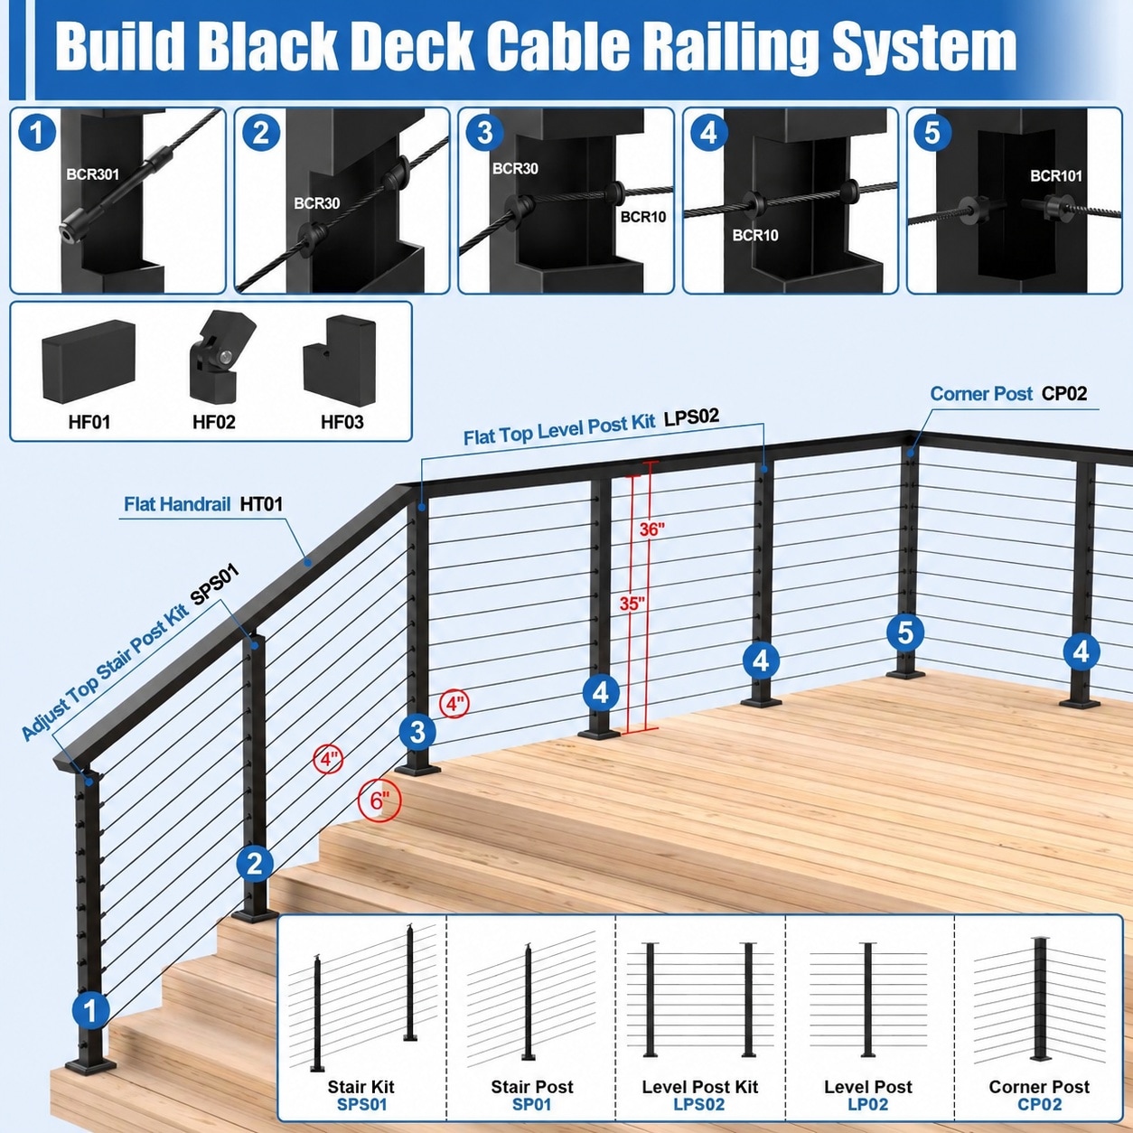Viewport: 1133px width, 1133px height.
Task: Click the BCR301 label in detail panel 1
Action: pyautogui.click(x=92, y=174)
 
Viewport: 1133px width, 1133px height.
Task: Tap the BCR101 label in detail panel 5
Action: pyautogui.click(x=1056, y=176)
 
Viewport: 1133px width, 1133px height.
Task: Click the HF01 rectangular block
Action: pyautogui.click(x=89, y=360)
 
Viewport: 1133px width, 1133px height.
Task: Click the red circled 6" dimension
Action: pyautogui.click(x=379, y=801)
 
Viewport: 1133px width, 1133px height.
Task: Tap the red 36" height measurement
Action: pyautogui.click(x=652, y=529)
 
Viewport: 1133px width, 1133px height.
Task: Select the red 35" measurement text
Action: pyautogui.click(x=632, y=604)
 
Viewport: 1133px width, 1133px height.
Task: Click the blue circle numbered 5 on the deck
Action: pyautogui.click(x=905, y=632)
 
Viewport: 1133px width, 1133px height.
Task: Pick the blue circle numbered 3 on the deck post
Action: pyautogui.click(x=417, y=733)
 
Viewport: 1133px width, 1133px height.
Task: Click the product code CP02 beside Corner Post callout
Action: pyautogui.click(x=1064, y=393)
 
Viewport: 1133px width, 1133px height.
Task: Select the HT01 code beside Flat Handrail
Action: pyautogui.click(x=261, y=504)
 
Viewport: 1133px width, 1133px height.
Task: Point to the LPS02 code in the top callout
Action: pyautogui.click(x=691, y=417)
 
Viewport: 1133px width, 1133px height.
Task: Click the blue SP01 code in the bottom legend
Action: pyautogui.click(x=531, y=1104)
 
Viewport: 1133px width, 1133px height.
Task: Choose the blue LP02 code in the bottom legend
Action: pyautogui.click(x=867, y=1104)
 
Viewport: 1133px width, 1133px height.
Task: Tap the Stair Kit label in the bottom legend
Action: pyautogui.click(x=361, y=1087)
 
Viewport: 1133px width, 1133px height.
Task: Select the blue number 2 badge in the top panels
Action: pyautogui.click(x=261, y=134)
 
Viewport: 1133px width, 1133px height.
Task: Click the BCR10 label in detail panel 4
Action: pyautogui.click(x=755, y=235)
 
